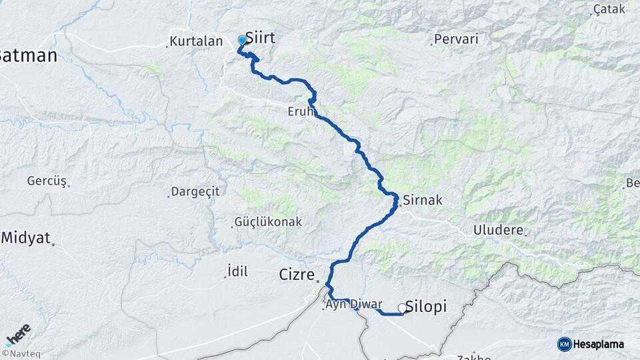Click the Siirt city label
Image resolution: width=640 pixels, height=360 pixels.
point(260,38)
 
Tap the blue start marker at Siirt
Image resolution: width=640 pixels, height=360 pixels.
point(242,40)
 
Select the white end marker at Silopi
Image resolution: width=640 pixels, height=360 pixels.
point(403,308)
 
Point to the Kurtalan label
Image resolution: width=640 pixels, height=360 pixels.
point(196,41)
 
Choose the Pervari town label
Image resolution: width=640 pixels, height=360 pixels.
point(456,39)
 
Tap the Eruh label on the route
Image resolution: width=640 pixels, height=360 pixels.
point(301,111)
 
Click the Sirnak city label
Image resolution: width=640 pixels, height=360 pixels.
point(422,200)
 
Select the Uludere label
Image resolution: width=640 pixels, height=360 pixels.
point(498,231)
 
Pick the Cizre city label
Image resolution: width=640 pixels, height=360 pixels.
point(295,274)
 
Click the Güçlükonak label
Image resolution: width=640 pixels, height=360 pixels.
point(268,222)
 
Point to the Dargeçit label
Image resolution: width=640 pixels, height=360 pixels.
point(195,191)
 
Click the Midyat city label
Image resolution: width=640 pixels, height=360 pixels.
point(26,237)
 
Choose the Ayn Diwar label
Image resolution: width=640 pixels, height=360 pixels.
point(353,305)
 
